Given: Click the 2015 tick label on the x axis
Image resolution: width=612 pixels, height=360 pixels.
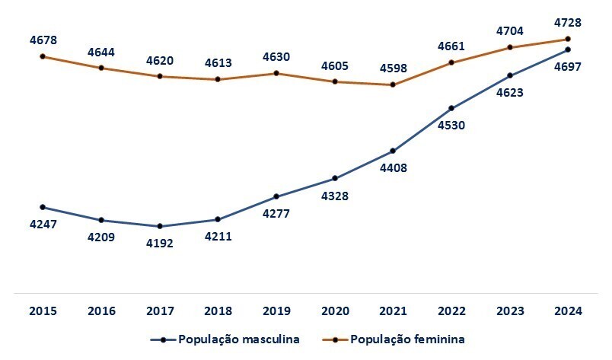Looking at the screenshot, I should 43,311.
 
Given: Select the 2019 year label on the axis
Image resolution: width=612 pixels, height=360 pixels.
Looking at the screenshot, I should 276,311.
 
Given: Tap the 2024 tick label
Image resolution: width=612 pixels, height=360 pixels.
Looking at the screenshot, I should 568,311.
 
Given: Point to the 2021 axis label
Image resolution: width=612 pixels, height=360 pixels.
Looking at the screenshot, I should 393,311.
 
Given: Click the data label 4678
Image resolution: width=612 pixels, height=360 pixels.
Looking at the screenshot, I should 43,40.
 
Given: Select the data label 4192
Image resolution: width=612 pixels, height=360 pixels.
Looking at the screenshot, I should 159,244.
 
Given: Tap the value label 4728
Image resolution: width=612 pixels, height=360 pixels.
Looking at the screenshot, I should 568,23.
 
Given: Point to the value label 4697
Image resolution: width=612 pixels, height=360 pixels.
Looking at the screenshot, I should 568,67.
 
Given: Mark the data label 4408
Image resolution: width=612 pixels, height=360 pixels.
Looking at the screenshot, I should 393,168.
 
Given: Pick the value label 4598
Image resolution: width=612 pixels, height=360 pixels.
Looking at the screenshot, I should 393,68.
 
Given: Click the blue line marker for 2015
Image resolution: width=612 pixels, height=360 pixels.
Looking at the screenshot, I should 43,207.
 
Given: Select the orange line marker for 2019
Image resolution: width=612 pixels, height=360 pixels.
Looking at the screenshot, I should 276,73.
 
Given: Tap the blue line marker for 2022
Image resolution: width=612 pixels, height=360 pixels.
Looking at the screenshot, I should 451,108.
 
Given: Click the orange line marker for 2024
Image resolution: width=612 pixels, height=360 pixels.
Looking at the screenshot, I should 568,39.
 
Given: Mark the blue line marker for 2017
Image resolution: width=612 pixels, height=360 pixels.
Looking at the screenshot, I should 159,226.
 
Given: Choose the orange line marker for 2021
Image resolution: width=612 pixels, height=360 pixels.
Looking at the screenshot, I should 393,84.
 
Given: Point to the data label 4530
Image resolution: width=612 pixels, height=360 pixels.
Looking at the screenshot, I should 451,126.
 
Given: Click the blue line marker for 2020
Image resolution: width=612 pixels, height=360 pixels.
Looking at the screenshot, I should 334,179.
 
